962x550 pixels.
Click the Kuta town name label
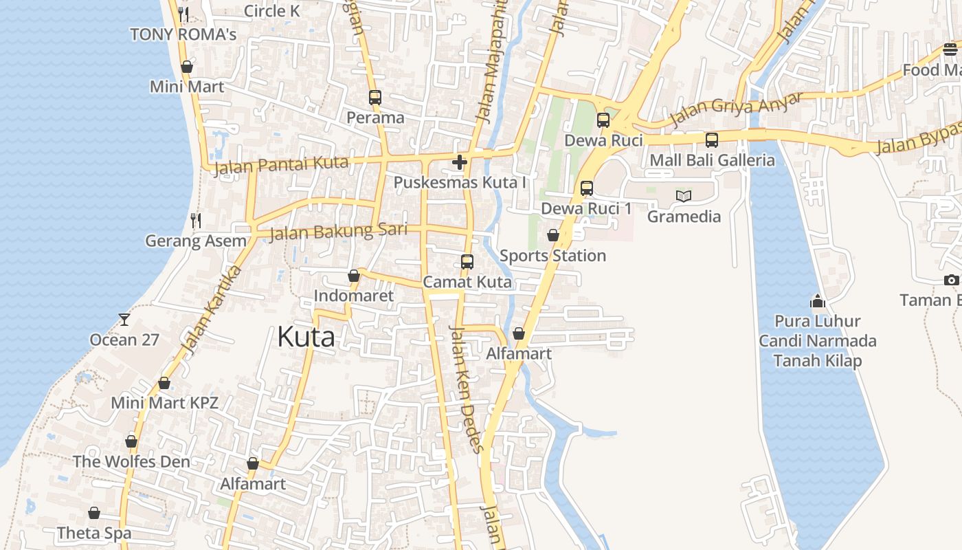pos(306,337)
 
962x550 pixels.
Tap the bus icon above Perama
pos(374,98)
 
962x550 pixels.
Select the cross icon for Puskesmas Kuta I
pos(460,162)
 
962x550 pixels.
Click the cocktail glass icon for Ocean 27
pos(124,319)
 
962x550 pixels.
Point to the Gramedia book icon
pos(683,196)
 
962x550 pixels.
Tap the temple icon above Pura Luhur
pos(817,301)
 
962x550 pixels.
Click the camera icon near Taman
pos(951,280)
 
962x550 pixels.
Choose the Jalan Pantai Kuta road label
pos(281,166)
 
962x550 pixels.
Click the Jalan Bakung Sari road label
pos(338,231)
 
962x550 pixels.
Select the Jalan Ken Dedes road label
pos(465,388)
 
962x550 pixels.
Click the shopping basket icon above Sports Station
pos(552,235)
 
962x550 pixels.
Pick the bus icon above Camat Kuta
pos(467,261)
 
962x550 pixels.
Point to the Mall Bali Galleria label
pos(712,160)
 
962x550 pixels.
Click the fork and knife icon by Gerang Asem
pos(196,220)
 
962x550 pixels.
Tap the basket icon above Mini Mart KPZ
pos(164,383)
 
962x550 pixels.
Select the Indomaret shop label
pos(353,296)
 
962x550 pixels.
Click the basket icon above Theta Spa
pos(94,513)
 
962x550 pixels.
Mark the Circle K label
pos(272,11)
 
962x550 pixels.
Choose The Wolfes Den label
pos(131,461)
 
